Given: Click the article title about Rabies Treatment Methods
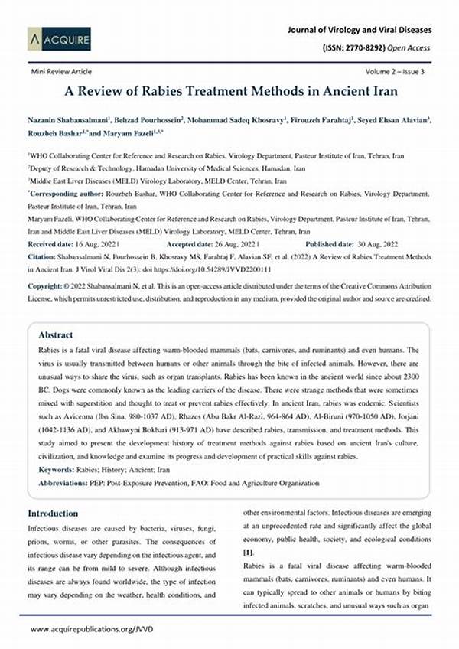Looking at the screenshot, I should coord(229,90).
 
